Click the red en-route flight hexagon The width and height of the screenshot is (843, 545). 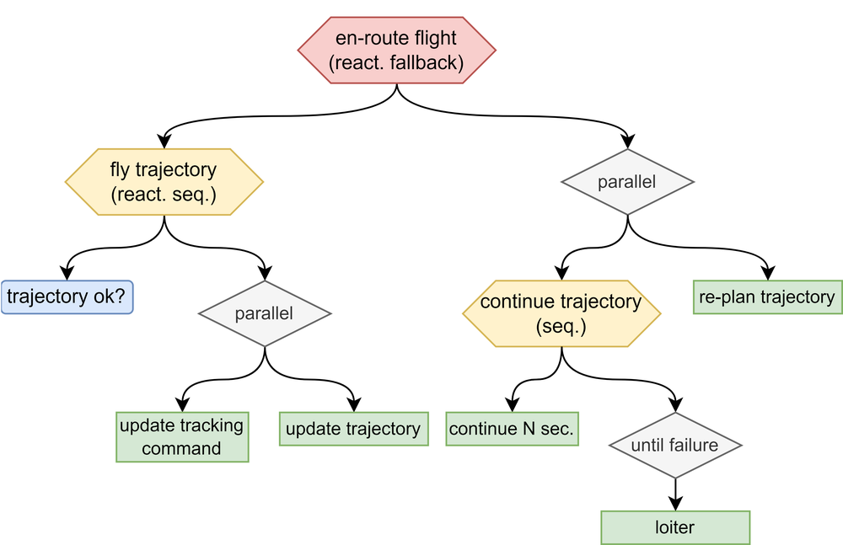click(x=397, y=50)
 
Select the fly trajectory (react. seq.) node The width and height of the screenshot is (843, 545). click(x=164, y=182)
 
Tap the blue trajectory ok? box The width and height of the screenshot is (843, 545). click(x=67, y=297)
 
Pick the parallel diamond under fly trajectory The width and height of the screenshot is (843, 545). click(x=265, y=313)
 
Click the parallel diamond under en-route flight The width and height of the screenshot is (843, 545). click(x=627, y=182)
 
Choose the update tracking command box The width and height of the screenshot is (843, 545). click(x=182, y=437)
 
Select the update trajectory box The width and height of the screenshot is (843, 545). click(x=354, y=429)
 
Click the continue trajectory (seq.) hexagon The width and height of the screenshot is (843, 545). click(x=561, y=313)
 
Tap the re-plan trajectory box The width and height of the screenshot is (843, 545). click(x=768, y=297)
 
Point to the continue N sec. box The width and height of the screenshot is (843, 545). click(x=512, y=429)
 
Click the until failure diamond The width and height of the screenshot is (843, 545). click(x=675, y=445)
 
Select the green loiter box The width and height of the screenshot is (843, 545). click(x=675, y=527)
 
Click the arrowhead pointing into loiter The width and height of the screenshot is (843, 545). click(x=675, y=504)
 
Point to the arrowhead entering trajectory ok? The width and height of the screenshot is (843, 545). click(x=67, y=273)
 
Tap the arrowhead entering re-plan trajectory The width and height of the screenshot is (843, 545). click(x=768, y=273)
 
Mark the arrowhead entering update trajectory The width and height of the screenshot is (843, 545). click(x=354, y=404)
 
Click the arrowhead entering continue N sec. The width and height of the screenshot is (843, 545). click(x=513, y=404)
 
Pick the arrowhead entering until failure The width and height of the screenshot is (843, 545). click(x=675, y=404)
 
